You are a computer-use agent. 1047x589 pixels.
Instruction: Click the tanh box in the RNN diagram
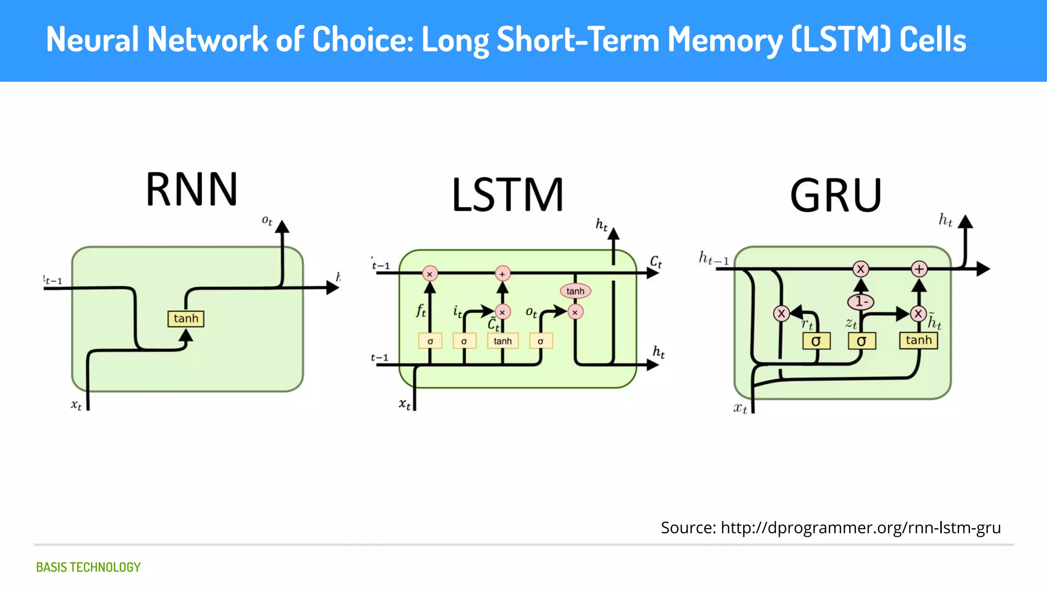pos(186,319)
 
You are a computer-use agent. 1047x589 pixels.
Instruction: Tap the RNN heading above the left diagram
pos(192,189)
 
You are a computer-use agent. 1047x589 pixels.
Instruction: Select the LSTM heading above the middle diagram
pos(508,195)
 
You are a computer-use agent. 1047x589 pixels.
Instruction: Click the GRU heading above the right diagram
pos(836,195)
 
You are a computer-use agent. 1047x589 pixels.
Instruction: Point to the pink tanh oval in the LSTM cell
pos(575,291)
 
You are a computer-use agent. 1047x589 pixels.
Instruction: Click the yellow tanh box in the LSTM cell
pos(503,341)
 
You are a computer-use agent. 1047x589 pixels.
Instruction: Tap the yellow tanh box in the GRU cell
pos(918,341)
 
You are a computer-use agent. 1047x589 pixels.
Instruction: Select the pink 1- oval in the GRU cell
pos(861,302)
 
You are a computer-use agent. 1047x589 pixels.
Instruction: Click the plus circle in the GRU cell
pos(919,268)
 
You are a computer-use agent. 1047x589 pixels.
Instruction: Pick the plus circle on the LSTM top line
pos(503,274)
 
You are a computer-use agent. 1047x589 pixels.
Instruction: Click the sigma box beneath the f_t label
pos(430,341)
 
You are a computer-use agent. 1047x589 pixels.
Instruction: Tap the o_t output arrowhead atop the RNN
pos(282,226)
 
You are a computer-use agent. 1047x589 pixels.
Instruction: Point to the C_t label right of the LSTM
pos(656,262)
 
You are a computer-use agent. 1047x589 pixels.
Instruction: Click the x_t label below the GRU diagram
pos(740,408)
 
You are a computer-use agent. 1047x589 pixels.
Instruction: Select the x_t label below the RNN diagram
pos(76,405)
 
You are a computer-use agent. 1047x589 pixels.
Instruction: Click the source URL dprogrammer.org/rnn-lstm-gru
pos(860,527)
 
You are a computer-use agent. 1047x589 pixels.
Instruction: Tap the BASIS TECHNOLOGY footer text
pos(88,567)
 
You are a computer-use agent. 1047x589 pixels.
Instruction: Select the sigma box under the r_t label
pos(816,341)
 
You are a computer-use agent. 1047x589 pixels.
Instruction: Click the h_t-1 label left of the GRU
pos(714,258)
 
